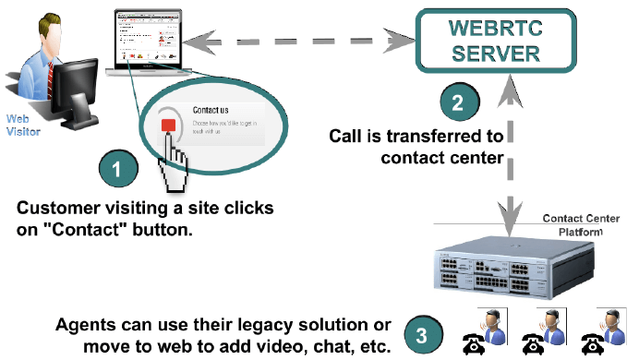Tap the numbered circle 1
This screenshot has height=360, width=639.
117,169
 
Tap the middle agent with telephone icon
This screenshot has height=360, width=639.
540,332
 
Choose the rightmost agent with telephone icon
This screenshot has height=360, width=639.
598,332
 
